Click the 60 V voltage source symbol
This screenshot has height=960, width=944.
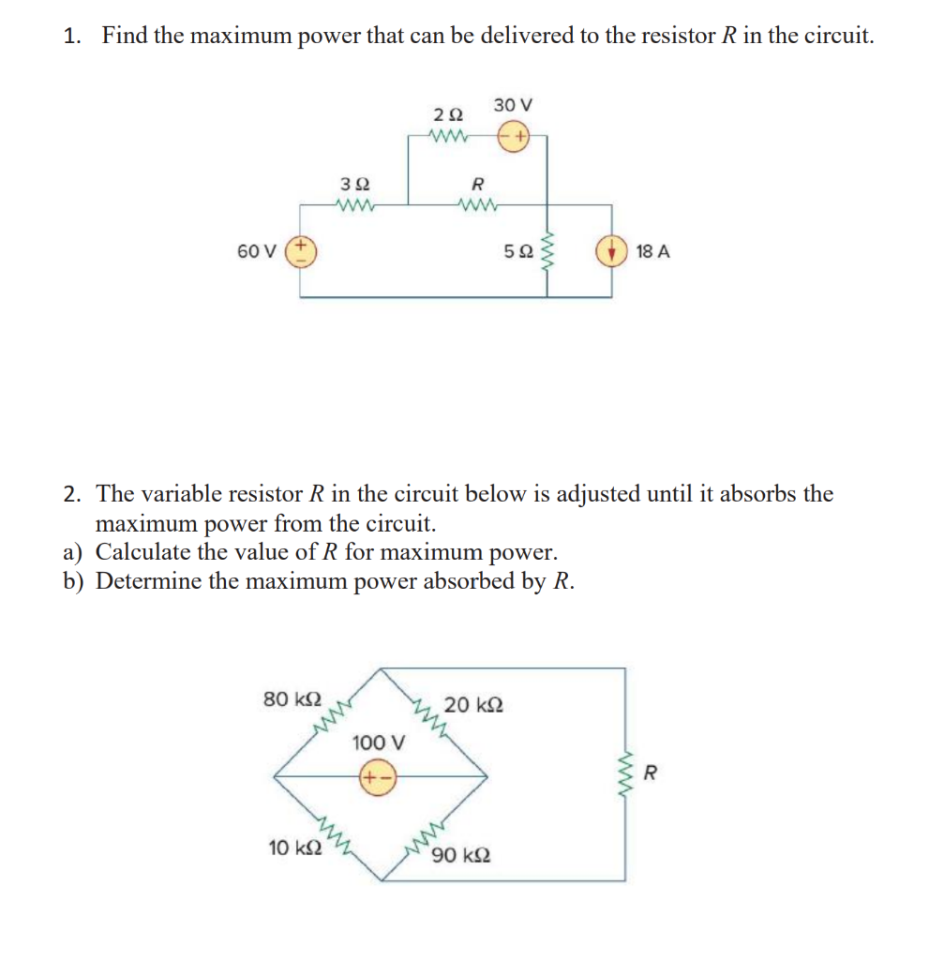tap(303, 251)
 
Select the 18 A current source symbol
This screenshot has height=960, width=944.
tap(612, 251)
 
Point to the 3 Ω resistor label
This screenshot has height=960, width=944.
tap(353, 184)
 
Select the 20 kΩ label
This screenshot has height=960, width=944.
tap(473, 704)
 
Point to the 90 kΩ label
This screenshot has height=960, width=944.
tap(461, 855)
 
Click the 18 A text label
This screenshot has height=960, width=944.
tap(652, 251)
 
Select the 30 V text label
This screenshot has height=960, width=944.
tap(513, 104)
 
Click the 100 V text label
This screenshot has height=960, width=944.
tap(379, 742)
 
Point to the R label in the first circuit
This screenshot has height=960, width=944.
tap(476, 184)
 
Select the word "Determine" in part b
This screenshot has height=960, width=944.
tap(149, 581)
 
